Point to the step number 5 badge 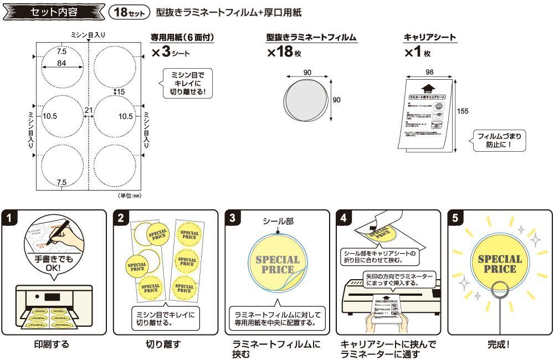(x=455, y=218)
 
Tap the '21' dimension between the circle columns (x=88, y=110)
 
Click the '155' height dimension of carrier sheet (x=463, y=111)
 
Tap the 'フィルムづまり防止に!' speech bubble (x=498, y=141)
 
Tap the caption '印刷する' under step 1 (x=52, y=344)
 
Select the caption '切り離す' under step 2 (x=163, y=344)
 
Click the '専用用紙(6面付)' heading (x=182, y=38)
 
